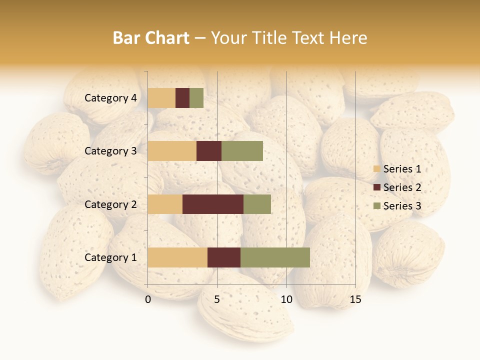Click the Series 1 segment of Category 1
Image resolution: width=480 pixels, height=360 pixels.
(x=177, y=257)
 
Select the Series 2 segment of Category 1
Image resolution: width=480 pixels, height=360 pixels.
(x=224, y=257)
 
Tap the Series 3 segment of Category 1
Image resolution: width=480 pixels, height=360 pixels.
(x=275, y=257)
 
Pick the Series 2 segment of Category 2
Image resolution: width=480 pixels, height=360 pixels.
(x=213, y=204)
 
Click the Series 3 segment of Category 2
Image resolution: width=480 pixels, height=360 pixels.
(x=257, y=204)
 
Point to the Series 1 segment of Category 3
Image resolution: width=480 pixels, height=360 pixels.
(x=172, y=151)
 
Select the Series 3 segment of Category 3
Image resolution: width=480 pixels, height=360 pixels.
(x=242, y=151)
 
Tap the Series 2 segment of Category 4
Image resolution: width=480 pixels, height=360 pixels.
(x=182, y=98)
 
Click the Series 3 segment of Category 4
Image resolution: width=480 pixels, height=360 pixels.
(x=196, y=98)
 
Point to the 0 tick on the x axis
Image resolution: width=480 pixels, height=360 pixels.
(x=148, y=300)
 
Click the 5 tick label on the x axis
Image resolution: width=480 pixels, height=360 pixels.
(x=217, y=300)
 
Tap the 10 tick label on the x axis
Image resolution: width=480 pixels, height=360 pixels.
(x=286, y=300)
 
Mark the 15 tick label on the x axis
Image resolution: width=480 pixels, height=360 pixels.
(x=355, y=300)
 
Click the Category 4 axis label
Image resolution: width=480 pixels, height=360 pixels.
(x=110, y=98)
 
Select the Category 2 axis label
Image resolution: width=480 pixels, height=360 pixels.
(x=110, y=204)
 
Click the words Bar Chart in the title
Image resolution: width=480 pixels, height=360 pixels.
(x=151, y=38)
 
